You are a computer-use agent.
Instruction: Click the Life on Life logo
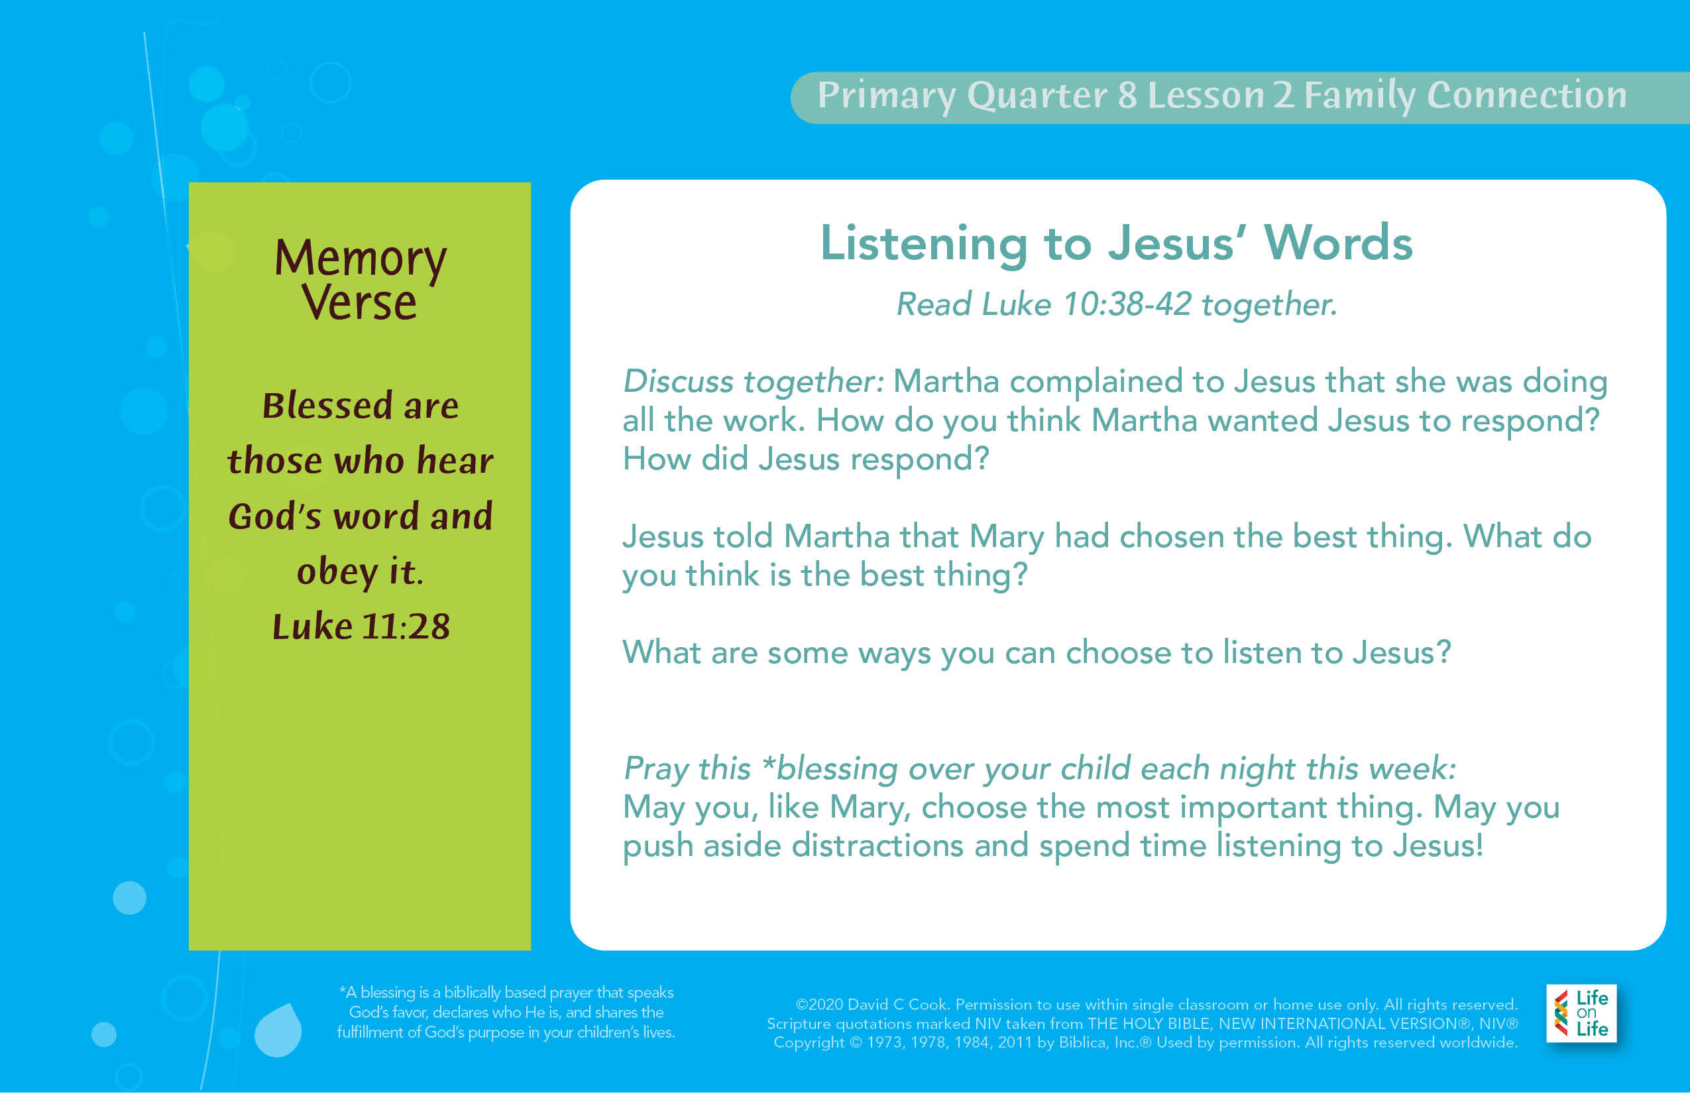tap(1581, 1013)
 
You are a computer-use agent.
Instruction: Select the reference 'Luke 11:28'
tap(361, 626)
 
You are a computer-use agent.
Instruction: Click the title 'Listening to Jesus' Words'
tap(1116, 243)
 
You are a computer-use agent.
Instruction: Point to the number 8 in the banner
tap(1127, 95)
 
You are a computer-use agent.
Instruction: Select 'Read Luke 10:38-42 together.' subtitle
tap(1116, 304)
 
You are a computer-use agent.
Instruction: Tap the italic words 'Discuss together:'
tap(754, 381)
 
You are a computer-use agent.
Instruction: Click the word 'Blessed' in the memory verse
tap(327, 405)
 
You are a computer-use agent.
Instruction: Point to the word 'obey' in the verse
tap(337, 572)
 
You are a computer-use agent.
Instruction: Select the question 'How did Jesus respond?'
tap(806, 459)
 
